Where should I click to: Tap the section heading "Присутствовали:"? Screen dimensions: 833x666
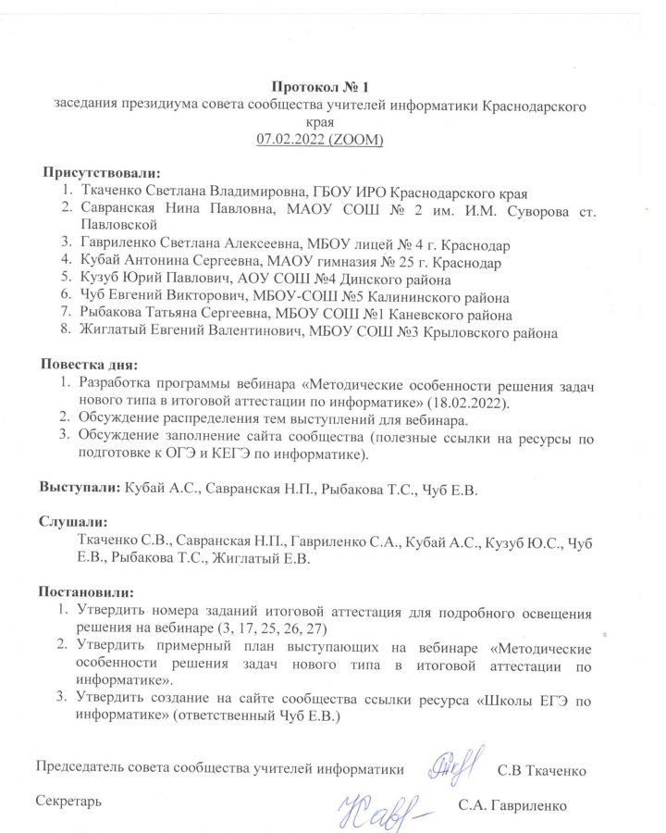click(x=101, y=173)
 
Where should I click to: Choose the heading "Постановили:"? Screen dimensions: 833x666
click(x=86, y=591)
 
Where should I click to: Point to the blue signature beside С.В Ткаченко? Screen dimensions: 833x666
click(x=454, y=764)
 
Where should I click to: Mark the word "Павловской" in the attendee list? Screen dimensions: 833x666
click(x=119, y=226)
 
